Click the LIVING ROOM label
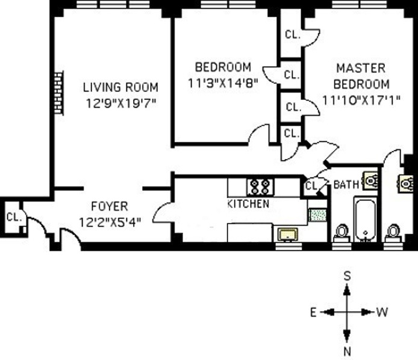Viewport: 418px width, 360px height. [x=120, y=87]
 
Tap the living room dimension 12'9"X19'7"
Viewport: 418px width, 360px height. [x=120, y=104]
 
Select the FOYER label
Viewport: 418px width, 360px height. [x=109, y=206]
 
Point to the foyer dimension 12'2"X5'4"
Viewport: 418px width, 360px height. [x=110, y=222]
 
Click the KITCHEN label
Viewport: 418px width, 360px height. [x=248, y=204]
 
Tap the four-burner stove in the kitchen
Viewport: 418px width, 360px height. [x=260, y=187]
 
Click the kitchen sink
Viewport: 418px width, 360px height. [x=287, y=235]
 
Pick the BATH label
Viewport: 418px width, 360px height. [x=346, y=184]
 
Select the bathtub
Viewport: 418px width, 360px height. [x=366, y=219]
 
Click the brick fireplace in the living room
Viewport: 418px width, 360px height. [x=59, y=93]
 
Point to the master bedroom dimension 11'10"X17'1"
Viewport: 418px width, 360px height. [x=361, y=101]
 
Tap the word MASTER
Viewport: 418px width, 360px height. [x=361, y=68]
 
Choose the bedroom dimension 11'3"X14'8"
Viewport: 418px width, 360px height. [x=223, y=84]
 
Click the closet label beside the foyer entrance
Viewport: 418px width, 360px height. [x=14, y=217]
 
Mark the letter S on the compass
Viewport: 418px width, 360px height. [x=347, y=276]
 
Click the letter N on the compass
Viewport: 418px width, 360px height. [x=347, y=352]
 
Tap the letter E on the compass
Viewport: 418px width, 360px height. [x=313, y=312]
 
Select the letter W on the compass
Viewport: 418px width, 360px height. [x=382, y=312]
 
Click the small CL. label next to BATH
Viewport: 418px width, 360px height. [x=311, y=186]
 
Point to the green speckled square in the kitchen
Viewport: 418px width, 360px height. [x=318, y=215]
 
